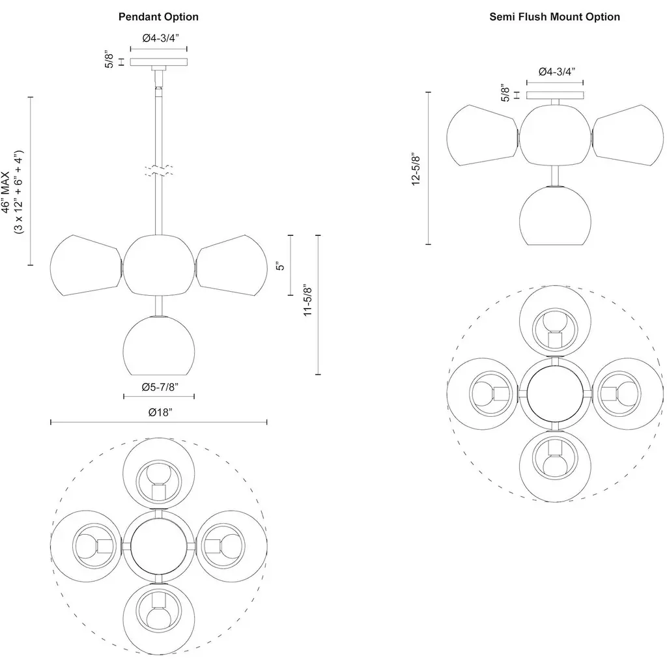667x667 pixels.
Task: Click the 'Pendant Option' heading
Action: point(158,17)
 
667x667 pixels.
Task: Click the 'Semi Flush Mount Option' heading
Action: point(554,17)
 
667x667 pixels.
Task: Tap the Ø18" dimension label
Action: point(159,412)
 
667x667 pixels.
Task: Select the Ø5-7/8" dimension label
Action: point(159,387)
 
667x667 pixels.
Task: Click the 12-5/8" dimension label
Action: point(416,169)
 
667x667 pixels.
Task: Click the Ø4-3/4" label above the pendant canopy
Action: point(159,38)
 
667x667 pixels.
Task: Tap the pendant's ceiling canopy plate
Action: point(159,62)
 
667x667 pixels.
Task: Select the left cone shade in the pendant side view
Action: point(85,266)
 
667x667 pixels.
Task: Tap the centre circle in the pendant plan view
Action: point(158,544)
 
